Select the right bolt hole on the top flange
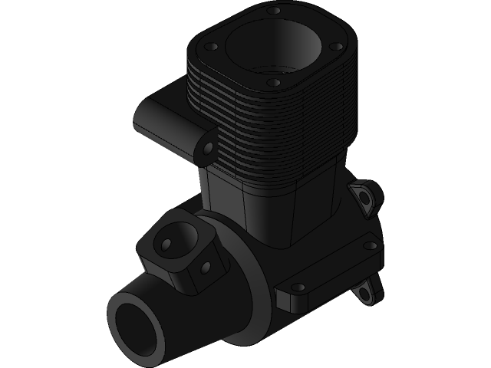pos(337,46)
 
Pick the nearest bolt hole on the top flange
pos(273,82)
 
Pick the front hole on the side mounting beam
pos(299,287)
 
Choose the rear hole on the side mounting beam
pos(370,246)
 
